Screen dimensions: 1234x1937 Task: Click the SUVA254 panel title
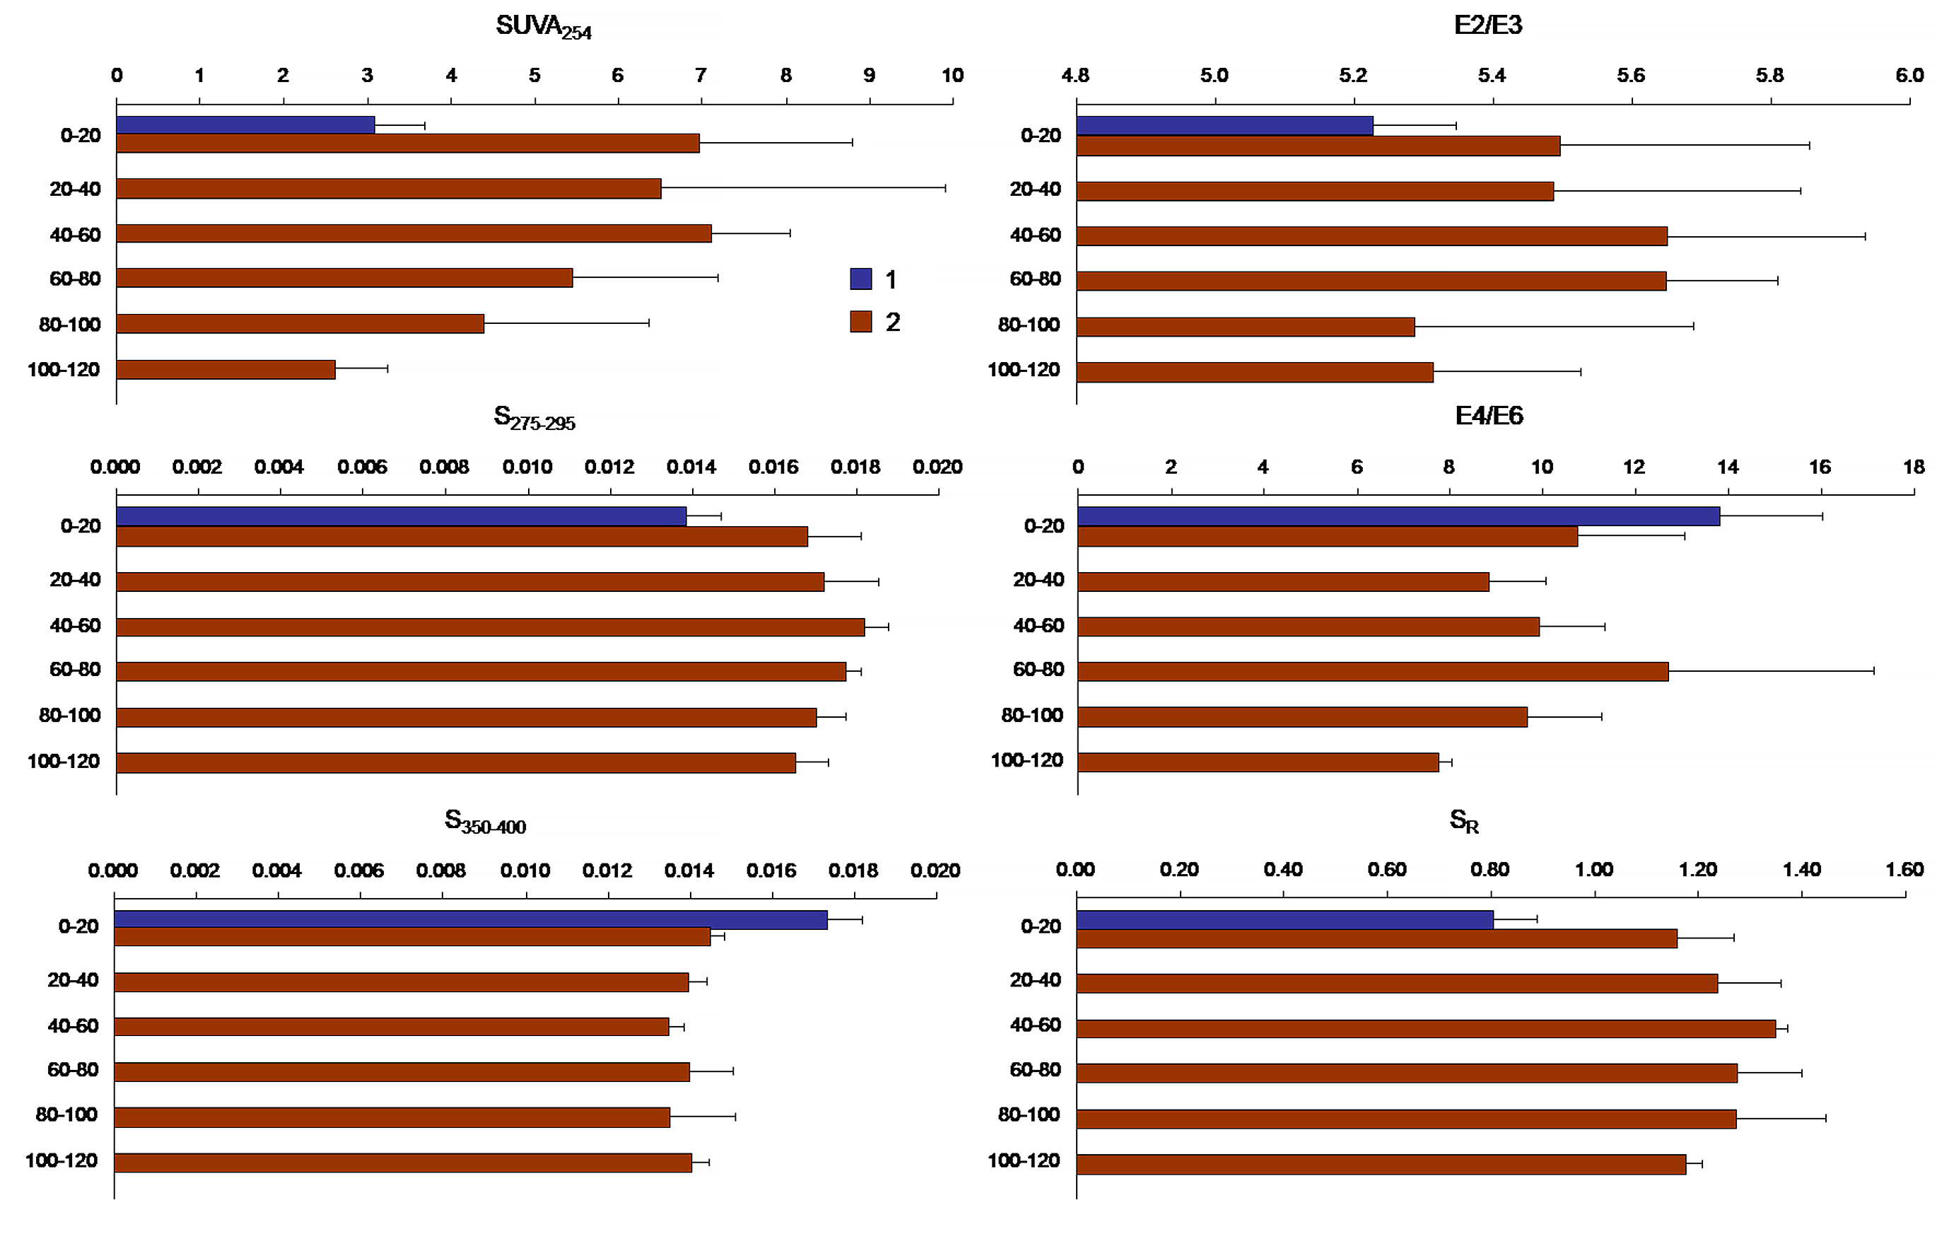[x=544, y=28]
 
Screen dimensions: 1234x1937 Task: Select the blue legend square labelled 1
[x=861, y=279]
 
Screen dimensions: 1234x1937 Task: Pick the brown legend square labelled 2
[x=861, y=321]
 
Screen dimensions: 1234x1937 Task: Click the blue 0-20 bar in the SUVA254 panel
[x=245, y=124]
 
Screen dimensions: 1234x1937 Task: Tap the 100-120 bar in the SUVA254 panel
[x=226, y=369]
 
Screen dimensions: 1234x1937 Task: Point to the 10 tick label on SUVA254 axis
[x=952, y=75]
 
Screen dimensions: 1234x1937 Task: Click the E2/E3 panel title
[x=1488, y=25]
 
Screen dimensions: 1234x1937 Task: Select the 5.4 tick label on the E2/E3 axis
[x=1492, y=75]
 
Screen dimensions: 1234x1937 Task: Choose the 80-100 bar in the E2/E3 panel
[x=1245, y=327]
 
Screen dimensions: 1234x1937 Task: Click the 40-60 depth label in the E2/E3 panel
[x=1035, y=235]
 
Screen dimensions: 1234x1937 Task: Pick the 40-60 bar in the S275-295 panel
[x=491, y=627]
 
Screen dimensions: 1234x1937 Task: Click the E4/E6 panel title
[x=1489, y=415]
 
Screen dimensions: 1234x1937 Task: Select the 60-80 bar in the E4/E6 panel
[x=1373, y=671]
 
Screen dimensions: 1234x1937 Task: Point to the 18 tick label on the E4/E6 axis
[x=1914, y=467]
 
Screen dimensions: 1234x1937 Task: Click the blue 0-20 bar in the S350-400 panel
[x=471, y=919]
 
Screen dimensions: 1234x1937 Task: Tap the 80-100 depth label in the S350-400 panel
[x=66, y=1114]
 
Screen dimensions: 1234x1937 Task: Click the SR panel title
[x=1464, y=820]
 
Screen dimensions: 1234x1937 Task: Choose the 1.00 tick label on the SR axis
[x=1594, y=869]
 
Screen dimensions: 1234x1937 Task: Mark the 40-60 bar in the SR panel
[x=1425, y=1028]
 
